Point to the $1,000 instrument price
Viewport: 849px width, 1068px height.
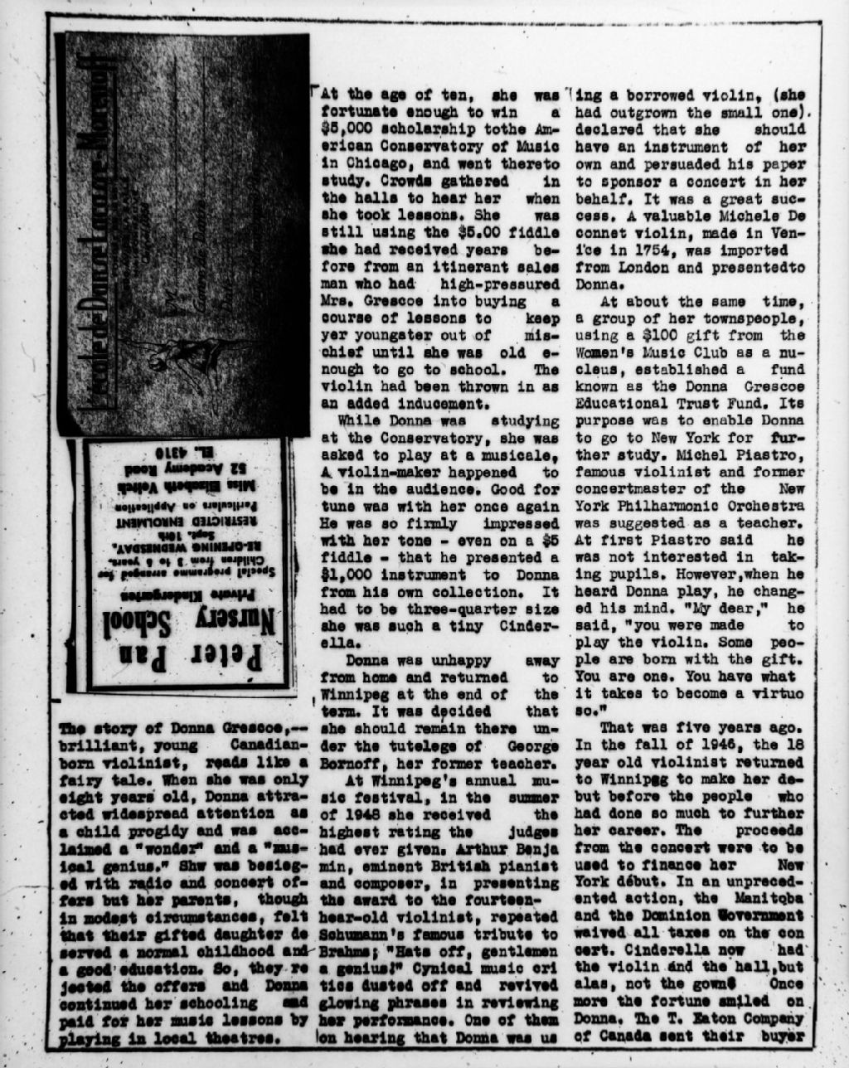(344, 574)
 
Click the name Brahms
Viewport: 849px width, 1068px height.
(342, 950)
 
